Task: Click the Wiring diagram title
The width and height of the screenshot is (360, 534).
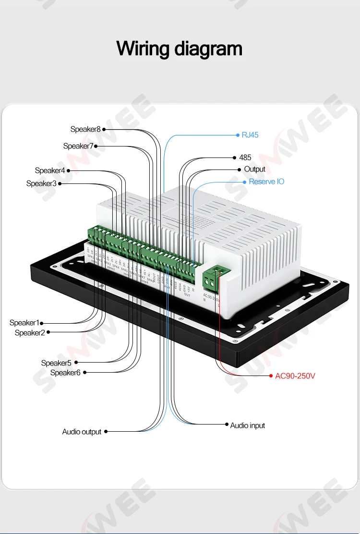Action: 180,49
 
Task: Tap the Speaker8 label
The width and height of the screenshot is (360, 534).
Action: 85,129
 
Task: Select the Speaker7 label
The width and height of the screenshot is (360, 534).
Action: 78,146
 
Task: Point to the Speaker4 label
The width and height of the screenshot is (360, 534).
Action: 50,170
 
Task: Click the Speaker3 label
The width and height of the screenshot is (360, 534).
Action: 41,183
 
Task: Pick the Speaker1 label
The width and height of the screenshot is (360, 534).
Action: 24,323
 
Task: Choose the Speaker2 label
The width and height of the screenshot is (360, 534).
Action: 30,333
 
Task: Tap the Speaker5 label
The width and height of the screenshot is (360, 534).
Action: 56,363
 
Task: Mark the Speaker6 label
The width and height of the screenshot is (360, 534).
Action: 65,373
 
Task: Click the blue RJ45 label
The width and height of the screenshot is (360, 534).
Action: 250,135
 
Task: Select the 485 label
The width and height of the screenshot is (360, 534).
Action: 245,158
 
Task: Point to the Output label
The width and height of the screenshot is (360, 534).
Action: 254,169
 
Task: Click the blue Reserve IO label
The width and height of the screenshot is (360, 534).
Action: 266,182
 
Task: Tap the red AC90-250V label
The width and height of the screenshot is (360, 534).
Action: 295,376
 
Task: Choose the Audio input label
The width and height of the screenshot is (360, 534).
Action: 247,425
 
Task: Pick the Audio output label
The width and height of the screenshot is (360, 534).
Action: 82,432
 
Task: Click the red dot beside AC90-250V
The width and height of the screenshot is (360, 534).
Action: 270,376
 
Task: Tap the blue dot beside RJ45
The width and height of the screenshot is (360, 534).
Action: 238,135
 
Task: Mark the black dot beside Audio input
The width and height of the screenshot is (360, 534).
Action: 227,425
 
